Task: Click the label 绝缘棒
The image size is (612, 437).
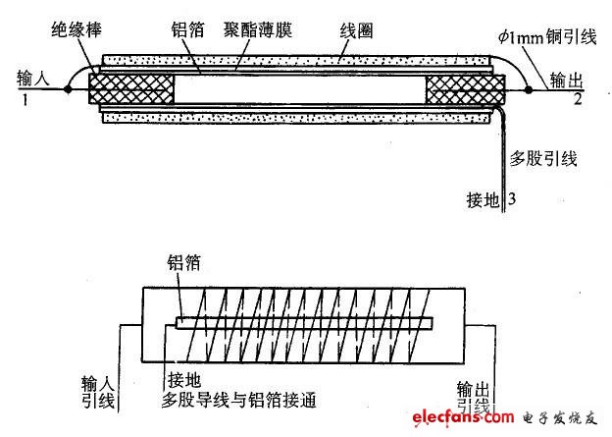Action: [x=76, y=29]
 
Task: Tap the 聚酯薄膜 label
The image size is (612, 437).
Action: [x=258, y=29]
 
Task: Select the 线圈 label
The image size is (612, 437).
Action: [x=356, y=30]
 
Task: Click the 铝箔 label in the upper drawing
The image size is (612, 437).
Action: [x=187, y=29]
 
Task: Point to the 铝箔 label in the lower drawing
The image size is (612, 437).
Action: [x=183, y=262]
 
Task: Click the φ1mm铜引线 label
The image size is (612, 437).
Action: [x=547, y=36]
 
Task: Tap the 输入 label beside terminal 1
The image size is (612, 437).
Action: [x=33, y=79]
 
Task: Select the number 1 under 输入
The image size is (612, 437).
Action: [x=25, y=100]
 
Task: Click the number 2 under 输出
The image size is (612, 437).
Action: [x=578, y=99]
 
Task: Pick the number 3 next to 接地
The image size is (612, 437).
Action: [x=512, y=198]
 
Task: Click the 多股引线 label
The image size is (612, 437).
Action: [x=543, y=159]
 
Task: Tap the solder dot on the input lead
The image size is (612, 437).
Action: [x=68, y=89]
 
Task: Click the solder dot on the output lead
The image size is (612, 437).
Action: [x=528, y=90]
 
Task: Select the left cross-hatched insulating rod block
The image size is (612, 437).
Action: [x=131, y=89]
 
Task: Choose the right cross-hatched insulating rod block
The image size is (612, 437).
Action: [x=465, y=89]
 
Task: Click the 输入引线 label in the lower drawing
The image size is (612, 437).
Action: [x=97, y=392]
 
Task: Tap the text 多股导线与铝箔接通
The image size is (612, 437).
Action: [x=239, y=400]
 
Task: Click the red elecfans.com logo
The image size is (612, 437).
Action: [x=463, y=417]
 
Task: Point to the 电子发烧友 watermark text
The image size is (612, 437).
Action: [x=560, y=417]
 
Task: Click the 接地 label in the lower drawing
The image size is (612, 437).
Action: [x=184, y=379]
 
